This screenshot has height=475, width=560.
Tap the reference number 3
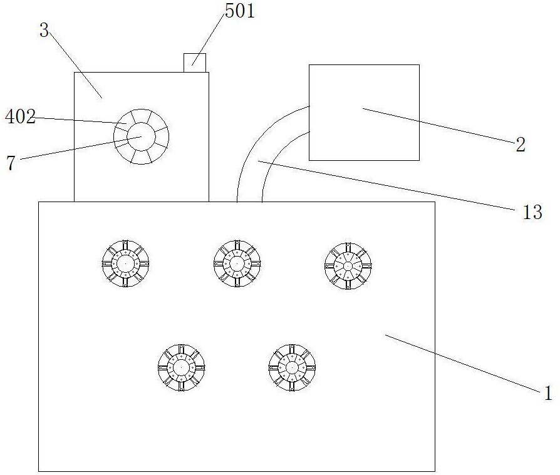pos(44,30)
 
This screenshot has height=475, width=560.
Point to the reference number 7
pos(10,163)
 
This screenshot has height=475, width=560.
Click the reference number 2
pos(521,145)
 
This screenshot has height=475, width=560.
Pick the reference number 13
pos(532,213)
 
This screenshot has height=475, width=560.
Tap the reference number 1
pos(547,393)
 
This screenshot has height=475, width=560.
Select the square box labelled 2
pos(364,112)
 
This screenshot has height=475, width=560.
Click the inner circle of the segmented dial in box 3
pos(141,136)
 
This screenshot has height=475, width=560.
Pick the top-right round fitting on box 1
pos(348,266)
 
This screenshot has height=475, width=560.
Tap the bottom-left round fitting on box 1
pos(181,367)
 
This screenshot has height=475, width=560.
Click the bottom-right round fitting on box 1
pos(292,367)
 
